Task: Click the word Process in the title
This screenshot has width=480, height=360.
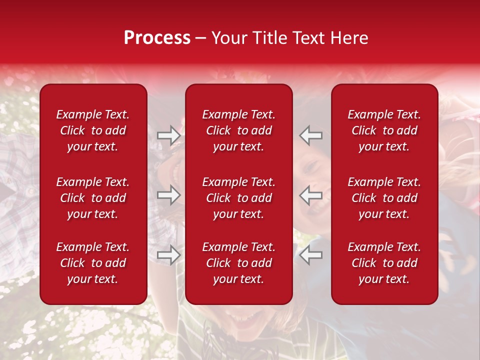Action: [157, 38]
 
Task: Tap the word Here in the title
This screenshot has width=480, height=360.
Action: [347, 38]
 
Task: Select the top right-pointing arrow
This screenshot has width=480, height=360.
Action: [169, 135]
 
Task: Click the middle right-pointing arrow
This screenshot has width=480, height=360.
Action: [169, 195]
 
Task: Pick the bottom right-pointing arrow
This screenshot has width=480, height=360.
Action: [169, 255]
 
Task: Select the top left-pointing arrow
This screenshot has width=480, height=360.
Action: [311, 135]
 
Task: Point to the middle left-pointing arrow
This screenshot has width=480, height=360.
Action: [311, 195]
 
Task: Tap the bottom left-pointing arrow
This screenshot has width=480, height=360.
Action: [311, 255]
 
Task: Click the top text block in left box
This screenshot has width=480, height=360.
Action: [93, 130]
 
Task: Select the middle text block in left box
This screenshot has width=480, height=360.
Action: [93, 198]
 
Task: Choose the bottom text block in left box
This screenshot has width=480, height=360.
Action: [93, 263]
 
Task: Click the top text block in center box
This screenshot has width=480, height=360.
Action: [239, 130]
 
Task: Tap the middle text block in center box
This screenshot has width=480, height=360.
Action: [239, 198]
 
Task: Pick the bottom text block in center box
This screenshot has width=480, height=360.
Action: [239, 263]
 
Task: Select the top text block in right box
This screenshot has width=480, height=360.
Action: [384, 130]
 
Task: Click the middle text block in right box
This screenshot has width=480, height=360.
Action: [384, 198]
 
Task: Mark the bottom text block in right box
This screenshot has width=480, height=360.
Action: [384, 263]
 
